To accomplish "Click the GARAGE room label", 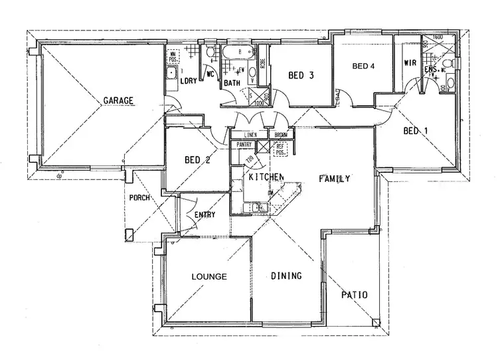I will pyautogui.click(x=118, y=101).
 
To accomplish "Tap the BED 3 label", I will pyautogui.click(x=301, y=76).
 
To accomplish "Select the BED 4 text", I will pyautogui.click(x=363, y=66).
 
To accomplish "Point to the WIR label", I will pyautogui.click(x=410, y=63).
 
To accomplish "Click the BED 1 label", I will pyautogui.click(x=416, y=131).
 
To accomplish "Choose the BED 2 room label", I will pyautogui.click(x=197, y=160).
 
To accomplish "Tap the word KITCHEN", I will pyautogui.click(x=266, y=177).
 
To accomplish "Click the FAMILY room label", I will pyautogui.click(x=334, y=179).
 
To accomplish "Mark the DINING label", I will pyautogui.click(x=287, y=276).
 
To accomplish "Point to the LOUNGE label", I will pyautogui.click(x=209, y=276).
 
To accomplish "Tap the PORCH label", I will pyautogui.click(x=139, y=199).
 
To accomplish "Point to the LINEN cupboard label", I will pyautogui.click(x=248, y=134).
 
